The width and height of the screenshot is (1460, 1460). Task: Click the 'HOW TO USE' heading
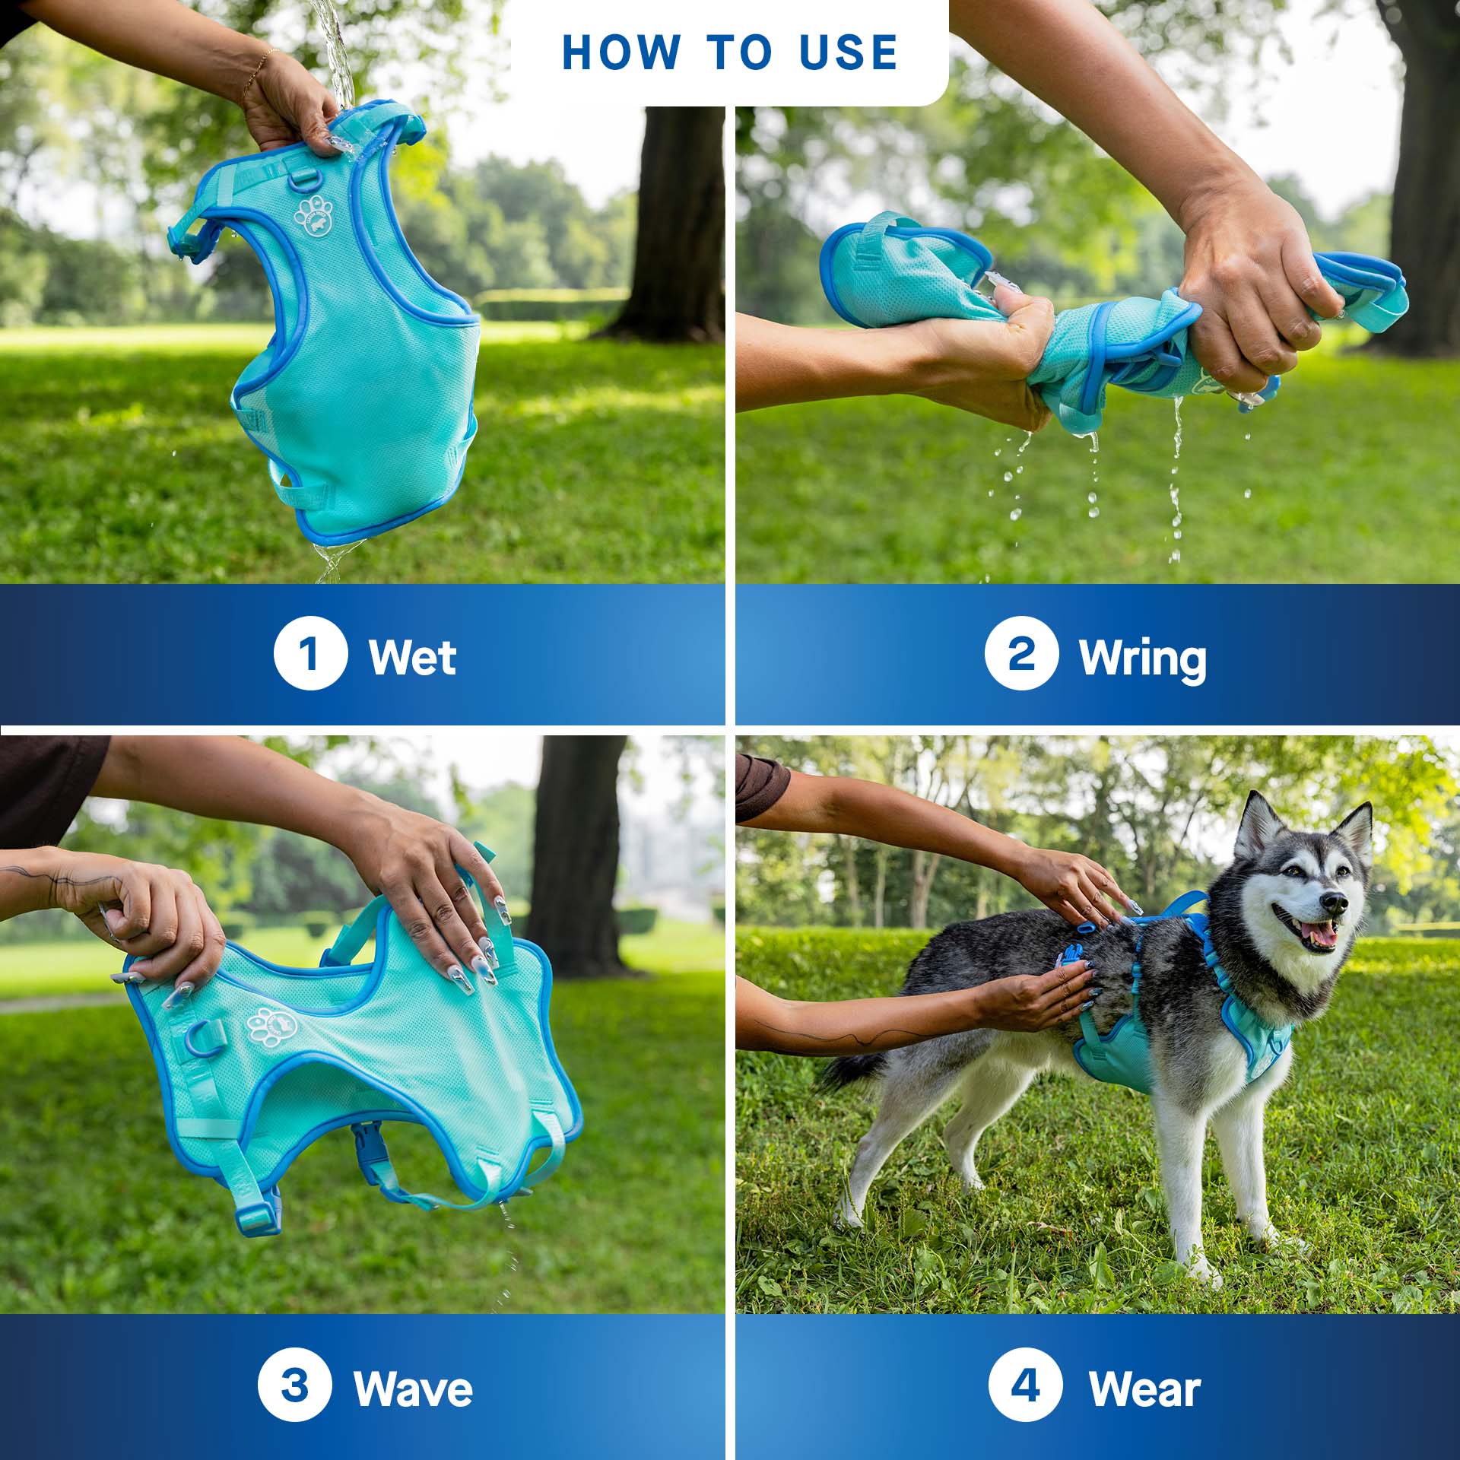coord(729,52)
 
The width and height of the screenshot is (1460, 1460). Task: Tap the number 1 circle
coord(310,654)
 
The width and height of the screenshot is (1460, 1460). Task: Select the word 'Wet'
coord(412,657)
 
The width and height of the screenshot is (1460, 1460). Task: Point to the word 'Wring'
coord(1142,659)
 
